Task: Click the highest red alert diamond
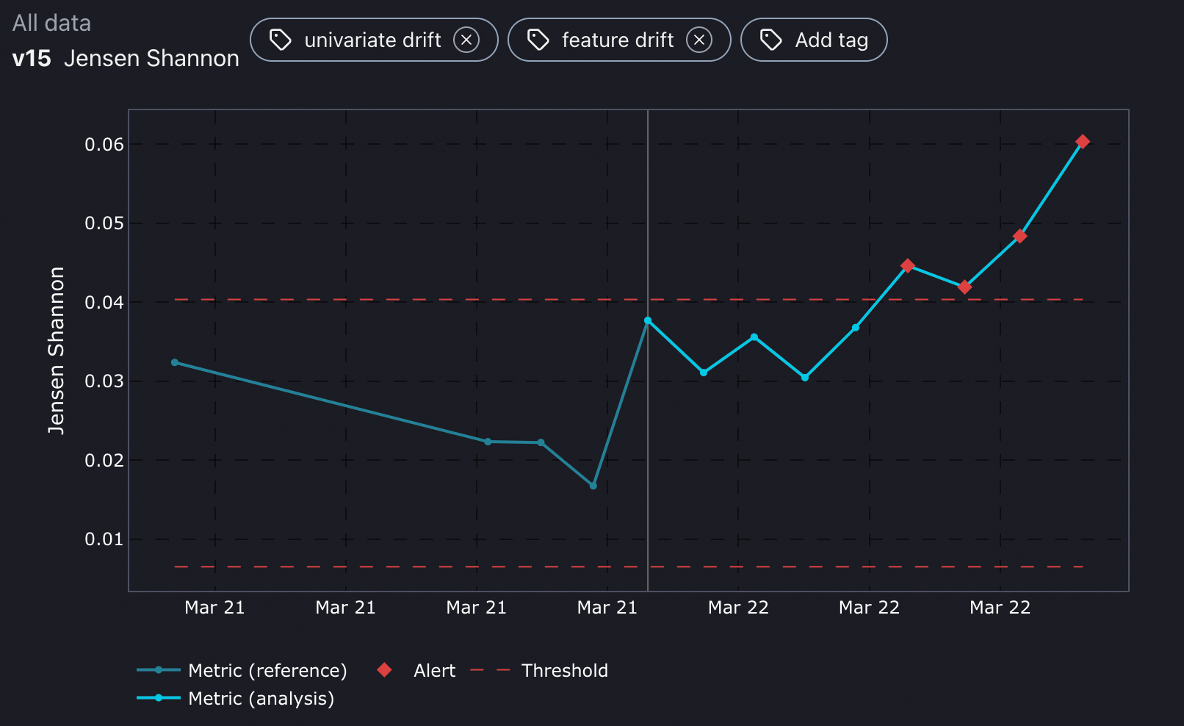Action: click(x=1082, y=142)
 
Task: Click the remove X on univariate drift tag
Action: click(x=466, y=40)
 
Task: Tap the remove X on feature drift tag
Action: click(x=699, y=40)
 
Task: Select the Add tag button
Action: click(x=814, y=40)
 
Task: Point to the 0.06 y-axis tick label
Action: click(x=104, y=145)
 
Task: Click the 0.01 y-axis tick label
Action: click(x=104, y=539)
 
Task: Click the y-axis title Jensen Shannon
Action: click(x=57, y=351)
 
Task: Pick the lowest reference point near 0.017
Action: click(x=593, y=486)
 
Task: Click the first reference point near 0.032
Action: click(x=175, y=362)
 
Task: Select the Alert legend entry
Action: click(x=433, y=670)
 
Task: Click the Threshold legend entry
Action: click(x=564, y=670)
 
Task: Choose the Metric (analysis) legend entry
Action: click(x=261, y=698)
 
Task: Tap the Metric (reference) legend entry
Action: click(x=267, y=670)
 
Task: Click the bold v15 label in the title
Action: click(x=32, y=59)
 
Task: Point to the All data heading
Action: click(x=51, y=24)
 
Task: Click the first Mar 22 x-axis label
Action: click(x=738, y=608)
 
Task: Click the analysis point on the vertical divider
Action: click(x=648, y=321)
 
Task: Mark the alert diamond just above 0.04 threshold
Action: click(x=964, y=287)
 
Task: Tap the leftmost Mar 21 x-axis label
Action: click(x=214, y=608)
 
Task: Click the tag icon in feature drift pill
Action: click(x=538, y=40)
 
